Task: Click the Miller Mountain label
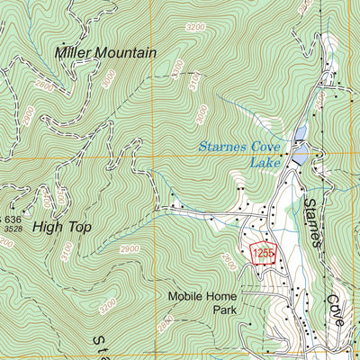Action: [105, 52]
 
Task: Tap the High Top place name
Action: [62, 227]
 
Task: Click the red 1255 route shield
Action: [262, 254]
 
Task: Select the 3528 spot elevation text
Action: [13, 229]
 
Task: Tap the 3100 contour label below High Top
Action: [66, 255]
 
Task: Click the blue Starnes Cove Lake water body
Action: [300, 137]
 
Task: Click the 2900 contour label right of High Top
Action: [129, 248]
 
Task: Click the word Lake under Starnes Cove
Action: [265, 163]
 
